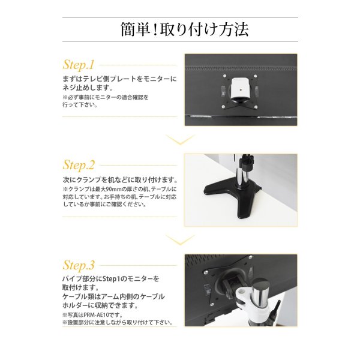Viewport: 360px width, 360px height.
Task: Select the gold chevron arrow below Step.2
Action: (x=180, y=240)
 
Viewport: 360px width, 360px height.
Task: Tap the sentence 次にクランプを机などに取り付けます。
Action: (x=120, y=179)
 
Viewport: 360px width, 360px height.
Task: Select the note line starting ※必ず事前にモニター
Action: (x=105, y=96)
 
